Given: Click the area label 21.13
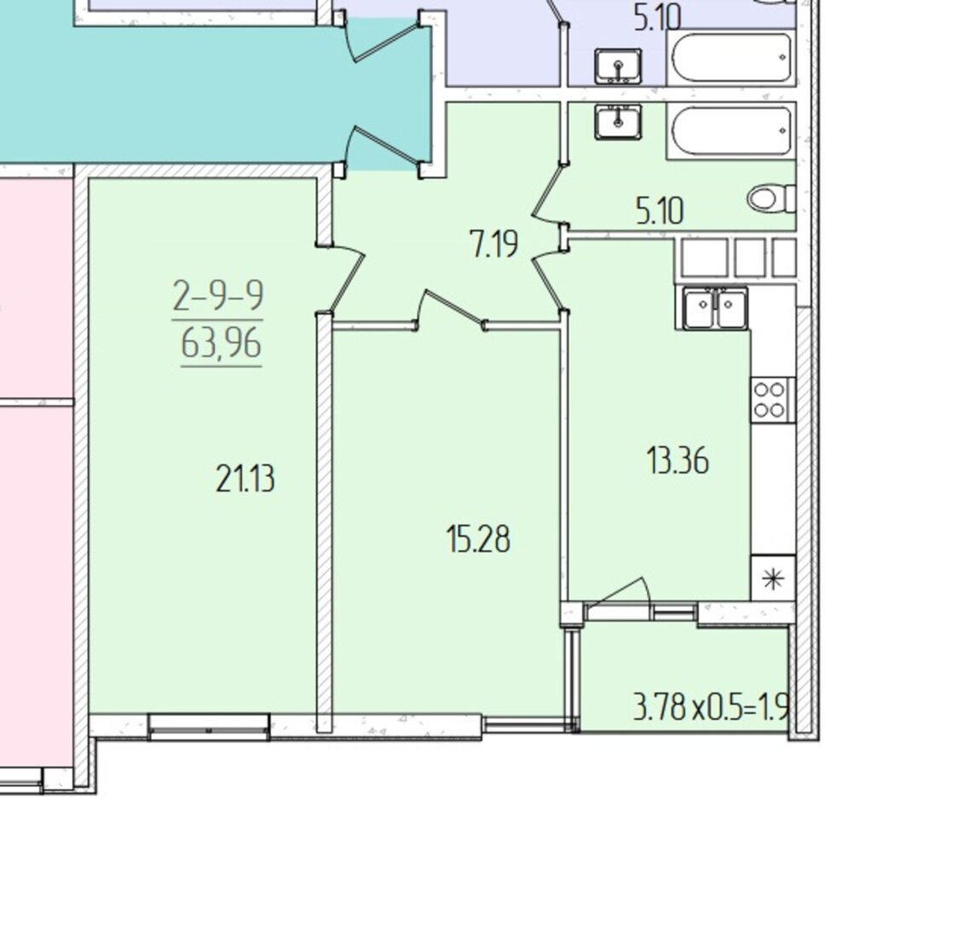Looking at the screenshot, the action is (245, 480).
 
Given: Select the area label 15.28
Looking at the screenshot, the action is (479, 538).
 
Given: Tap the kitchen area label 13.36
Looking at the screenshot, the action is (677, 461).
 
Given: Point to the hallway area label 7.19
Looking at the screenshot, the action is (493, 243).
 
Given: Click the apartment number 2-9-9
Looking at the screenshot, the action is (218, 297).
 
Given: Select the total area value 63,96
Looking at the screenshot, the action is (222, 343).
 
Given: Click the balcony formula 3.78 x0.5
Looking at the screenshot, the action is (686, 709).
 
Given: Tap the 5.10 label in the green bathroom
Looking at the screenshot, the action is (660, 210).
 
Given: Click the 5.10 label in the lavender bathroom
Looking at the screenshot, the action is (657, 18).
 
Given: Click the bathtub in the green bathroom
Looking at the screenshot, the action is (731, 131).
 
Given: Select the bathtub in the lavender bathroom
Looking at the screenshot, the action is (731, 58).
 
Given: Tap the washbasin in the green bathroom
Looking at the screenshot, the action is (618, 121).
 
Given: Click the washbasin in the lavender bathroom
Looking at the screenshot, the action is (618, 66).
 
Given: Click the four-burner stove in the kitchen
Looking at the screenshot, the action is (773, 400).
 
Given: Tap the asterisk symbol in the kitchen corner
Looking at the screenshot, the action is (773, 579).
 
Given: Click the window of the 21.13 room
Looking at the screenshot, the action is (210, 726).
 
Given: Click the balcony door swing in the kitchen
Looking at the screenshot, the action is (619, 592).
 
